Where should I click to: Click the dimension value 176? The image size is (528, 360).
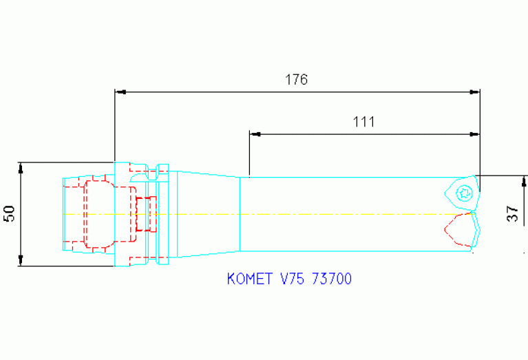pyautogui.click(x=296, y=79)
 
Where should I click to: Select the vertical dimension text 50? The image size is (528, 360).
pyautogui.click(x=10, y=214)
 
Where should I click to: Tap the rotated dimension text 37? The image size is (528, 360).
pyautogui.click(x=513, y=214)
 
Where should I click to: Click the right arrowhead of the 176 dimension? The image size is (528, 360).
pyautogui.click(x=474, y=91)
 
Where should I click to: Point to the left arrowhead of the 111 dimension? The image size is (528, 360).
pyautogui.click(x=254, y=134)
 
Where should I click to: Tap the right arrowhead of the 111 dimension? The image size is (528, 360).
pyautogui.click(x=474, y=134)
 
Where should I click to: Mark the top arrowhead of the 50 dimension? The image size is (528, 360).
pyautogui.click(x=21, y=167)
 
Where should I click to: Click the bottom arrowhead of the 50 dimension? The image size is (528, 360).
pyautogui.click(x=21, y=261)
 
